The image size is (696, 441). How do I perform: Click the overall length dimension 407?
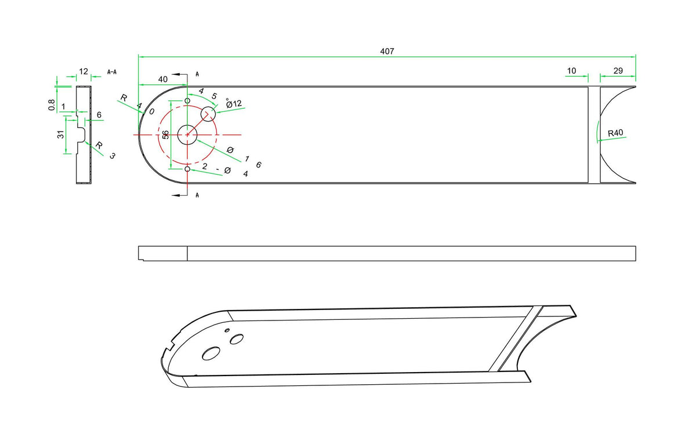tap(387, 51)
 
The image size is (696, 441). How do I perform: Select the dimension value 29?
tap(618, 71)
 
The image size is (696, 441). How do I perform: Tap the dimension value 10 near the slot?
tap(571, 71)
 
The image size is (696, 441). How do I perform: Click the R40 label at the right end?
tap(615, 133)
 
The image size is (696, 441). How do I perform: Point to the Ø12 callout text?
tap(234, 103)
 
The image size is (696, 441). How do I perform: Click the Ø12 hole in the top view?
tap(208, 114)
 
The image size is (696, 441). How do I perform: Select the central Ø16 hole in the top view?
tap(187, 134)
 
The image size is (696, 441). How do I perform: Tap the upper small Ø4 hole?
tap(187, 101)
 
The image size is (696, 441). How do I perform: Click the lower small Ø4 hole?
tap(187, 169)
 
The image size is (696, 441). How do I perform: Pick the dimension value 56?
tap(166, 134)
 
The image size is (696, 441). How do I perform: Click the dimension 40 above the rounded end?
tap(163, 79)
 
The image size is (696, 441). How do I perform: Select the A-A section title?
tap(112, 72)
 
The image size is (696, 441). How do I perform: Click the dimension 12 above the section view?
tap(84, 72)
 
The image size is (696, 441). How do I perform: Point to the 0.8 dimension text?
tap(52, 104)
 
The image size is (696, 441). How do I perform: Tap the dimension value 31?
tap(60, 134)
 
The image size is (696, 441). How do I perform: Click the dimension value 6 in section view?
tap(99, 115)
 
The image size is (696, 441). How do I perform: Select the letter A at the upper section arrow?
tap(197, 74)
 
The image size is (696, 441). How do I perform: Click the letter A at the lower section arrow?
tap(197, 195)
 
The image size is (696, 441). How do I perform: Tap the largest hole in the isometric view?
tap(211, 353)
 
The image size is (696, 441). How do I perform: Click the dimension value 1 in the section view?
tap(63, 107)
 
